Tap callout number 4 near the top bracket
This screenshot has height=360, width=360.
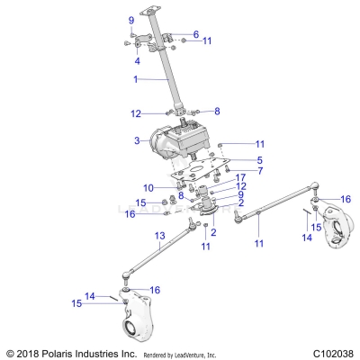pos(137,61)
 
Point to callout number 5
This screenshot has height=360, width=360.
pos(234,159)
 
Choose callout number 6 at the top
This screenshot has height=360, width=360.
pos(195,34)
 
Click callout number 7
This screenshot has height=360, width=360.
pos(234,170)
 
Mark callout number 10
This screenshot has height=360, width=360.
pos(148,186)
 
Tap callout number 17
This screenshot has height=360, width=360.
pos(215,177)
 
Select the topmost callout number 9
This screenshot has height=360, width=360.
pos(130,20)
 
